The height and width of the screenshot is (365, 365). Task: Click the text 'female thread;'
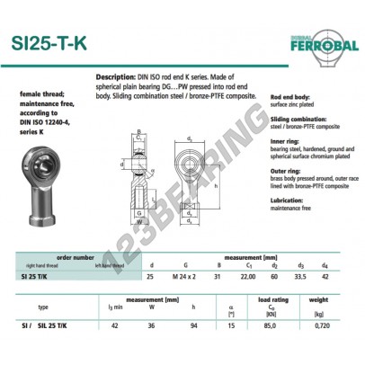pyautogui.click(x=38, y=93)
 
